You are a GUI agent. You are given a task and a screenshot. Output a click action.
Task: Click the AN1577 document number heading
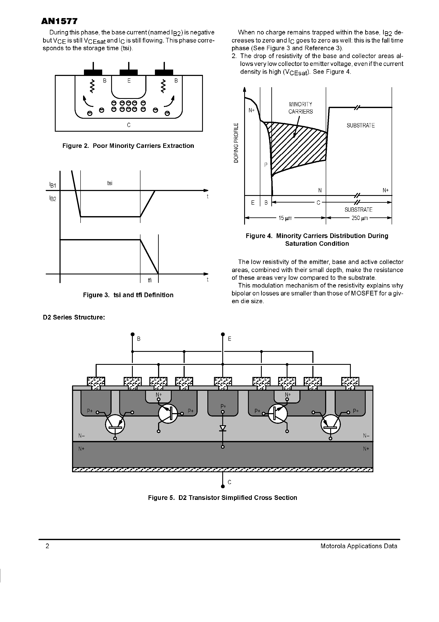(x=59, y=22)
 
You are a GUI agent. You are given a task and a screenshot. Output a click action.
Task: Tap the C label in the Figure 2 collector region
(x=129, y=125)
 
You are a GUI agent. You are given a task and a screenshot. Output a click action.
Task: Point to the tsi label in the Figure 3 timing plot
(x=110, y=183)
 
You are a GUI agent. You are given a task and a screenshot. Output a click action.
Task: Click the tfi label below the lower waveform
(x=150, y=280)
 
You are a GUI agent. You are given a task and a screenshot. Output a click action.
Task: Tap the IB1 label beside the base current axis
(x=52, y=185)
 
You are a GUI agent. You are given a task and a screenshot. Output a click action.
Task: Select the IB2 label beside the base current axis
(x=52, y=199)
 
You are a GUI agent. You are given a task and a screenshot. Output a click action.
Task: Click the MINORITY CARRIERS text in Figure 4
(x=300, y=108)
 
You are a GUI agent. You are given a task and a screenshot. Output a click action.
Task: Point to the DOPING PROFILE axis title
(x=236, y=143)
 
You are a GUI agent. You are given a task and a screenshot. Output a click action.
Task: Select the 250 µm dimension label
(x=360, y=218)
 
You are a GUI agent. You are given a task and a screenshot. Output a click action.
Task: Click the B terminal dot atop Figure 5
(x=132, y=334)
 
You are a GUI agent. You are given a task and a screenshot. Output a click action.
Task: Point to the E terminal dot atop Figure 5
(x=223, y=334)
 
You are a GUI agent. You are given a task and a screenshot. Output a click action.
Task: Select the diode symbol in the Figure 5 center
(x=223, y=428)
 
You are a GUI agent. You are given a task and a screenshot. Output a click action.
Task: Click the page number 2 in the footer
(x=48, y=546)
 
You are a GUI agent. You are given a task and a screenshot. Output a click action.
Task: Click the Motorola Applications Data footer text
(x=359, y=546)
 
